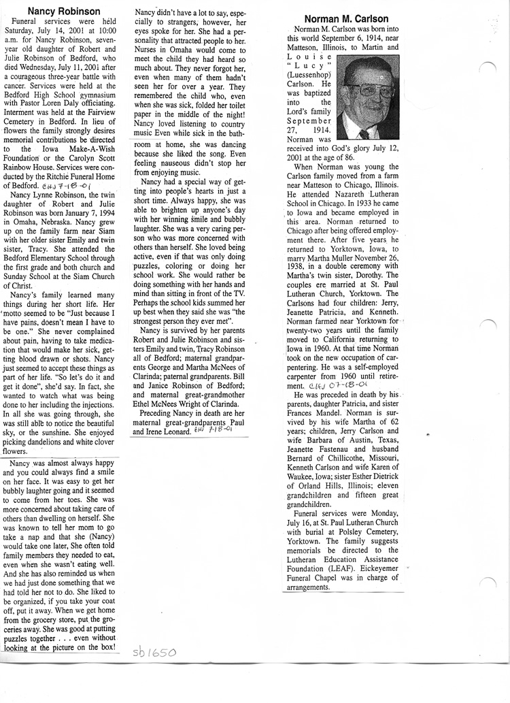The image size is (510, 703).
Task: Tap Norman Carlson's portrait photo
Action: coord(368,96)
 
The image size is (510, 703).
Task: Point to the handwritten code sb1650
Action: coord(154,653)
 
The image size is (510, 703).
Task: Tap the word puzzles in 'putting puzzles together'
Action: coord(20,639)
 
